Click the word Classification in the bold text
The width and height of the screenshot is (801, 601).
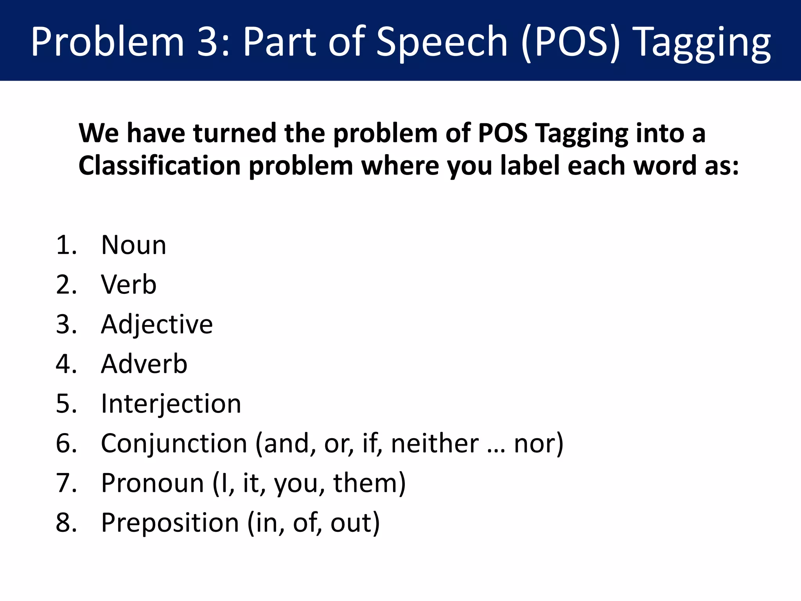[160, 166]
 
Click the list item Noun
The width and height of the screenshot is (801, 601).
[134, 245]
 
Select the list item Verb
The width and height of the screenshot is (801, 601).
[129, 284]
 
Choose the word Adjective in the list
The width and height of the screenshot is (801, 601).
[157, 325]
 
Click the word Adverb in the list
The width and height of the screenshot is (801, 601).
[144, 364]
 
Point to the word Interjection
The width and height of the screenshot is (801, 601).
[171, 403]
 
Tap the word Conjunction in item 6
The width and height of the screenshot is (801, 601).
[174, 444]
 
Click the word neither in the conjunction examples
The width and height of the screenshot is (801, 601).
[435, 444]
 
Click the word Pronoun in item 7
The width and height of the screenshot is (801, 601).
[153, 483]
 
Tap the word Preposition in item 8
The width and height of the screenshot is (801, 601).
[170, 523]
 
